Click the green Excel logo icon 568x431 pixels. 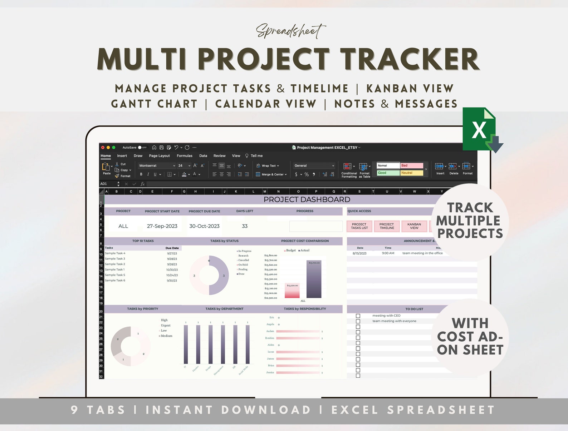pyautogui.click(x=479, y=129)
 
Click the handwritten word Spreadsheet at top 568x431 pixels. pyautogui.click(x=290, y=31)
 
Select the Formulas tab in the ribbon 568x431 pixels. pyautogui.click(x=184, y=156)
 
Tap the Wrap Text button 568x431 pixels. pyautogui.click(x=268, y=166)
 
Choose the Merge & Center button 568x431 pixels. pyautogui.click(x=272, y=174)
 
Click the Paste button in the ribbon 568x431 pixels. pyautogui.click(x=106, y=168)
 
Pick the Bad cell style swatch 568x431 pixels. pyautogui.click(x=411, y=165)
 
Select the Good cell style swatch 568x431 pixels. pyautogui.click(x=388, y=173)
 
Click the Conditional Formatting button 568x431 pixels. pyautogui.click(x=349, y=170)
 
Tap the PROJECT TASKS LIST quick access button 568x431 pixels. pyautogui.click(x=359, y=226)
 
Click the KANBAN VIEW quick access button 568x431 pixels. pyautogui.click(x=414, y=226)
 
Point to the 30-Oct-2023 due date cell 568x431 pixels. pyautogui.click(x=204, y=226)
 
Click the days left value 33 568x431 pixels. pyautogui.click(x=245, y=226)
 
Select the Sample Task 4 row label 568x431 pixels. pyautogui.click(x=115, y=253)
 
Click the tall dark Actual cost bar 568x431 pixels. pyautogui.click(x=314, y=279)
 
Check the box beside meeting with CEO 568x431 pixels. pyautogui.click(x=358, y=316)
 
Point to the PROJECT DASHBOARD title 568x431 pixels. pyautogui.click(x=307, y=199)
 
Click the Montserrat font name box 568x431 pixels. pyautogui.click(x=156, y=166)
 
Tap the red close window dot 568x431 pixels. pyautogui.click(x=103, y=148)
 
